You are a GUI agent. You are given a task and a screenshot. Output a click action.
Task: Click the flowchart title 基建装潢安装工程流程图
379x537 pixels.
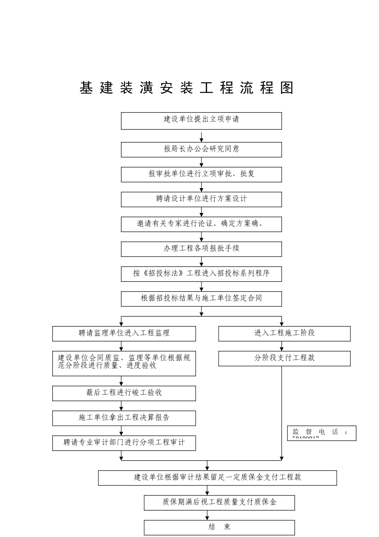(x=186, y=88)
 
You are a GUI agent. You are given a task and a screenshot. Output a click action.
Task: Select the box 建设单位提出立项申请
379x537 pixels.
(x=201, y=121)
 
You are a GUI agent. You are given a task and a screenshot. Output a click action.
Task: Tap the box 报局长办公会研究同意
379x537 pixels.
(x=201, y=149)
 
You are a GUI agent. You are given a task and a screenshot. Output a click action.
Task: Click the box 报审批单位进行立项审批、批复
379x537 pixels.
(x=201, y=174)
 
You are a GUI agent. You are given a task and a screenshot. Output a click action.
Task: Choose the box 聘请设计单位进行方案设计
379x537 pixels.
(x=201, y=199)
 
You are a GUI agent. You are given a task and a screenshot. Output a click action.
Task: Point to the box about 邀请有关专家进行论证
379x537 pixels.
(x=201, y=224)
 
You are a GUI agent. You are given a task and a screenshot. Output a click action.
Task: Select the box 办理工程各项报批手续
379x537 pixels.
(x=201, y=249)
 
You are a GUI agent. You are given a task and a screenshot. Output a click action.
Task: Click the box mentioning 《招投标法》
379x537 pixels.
(x=201, y=274)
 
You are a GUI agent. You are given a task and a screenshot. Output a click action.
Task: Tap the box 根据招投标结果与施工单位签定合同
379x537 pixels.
(x=201, y=298)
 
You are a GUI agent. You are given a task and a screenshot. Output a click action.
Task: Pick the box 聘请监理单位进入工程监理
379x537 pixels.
(x=124, y=334)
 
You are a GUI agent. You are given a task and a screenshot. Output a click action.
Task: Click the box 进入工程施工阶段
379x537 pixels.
(x=284, y=334)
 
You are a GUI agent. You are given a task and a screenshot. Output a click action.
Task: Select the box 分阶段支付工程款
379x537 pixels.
(x=284, y=358)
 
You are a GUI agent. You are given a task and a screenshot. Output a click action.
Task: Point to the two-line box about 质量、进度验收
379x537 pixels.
(x=124, y=363)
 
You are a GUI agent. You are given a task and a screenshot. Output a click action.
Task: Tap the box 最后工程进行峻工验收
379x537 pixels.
(x=124, y=393)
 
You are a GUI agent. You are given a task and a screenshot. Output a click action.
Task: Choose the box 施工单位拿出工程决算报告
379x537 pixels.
(x=124, y=418)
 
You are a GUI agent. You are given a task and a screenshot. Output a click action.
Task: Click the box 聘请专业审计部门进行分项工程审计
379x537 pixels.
(x=124, y=443)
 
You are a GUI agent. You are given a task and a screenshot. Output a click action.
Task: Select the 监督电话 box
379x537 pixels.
(x=321, y=433)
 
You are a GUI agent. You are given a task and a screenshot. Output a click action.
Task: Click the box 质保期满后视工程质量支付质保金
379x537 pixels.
(x=219, y=503)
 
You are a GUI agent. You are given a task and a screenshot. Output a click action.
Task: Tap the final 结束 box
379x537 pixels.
(x=219, y=527)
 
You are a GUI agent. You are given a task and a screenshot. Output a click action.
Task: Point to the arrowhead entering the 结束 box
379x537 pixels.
(x=207, y=518)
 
